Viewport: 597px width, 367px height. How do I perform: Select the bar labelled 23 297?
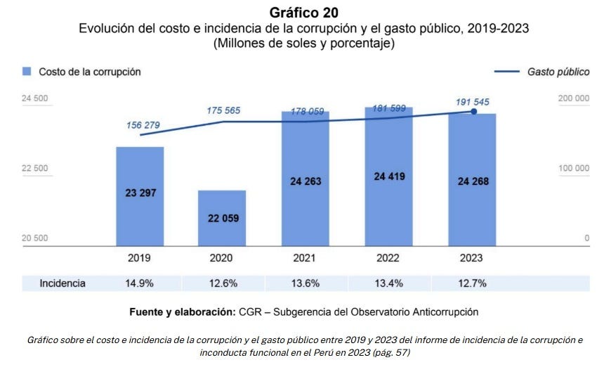(x=140, y=196)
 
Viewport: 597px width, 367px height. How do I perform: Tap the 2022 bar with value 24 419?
(x=389, y=176)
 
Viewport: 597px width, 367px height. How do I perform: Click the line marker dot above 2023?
(x=473, y=111)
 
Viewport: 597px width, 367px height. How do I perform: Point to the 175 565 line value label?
(x=223, y=110)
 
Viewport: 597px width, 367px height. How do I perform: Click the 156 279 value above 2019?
(x=143, y=125)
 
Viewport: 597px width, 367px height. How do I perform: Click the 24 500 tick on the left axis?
(x=35, y=98)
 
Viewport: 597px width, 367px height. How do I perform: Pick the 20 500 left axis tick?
(x=35, y=238)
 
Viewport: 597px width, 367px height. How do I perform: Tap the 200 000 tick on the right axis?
(x=573, y=98)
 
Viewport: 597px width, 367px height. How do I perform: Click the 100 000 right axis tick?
(x=573, y=168)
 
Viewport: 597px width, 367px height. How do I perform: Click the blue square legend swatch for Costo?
(x=27, y=71)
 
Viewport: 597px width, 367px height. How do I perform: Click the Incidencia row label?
(x=63, y=283)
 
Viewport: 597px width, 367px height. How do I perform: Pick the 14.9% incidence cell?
(x=140, y=283)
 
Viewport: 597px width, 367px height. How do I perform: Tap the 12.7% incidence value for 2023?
(x=472, y=283)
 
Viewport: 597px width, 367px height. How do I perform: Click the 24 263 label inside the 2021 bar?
(x=306, y=181)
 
